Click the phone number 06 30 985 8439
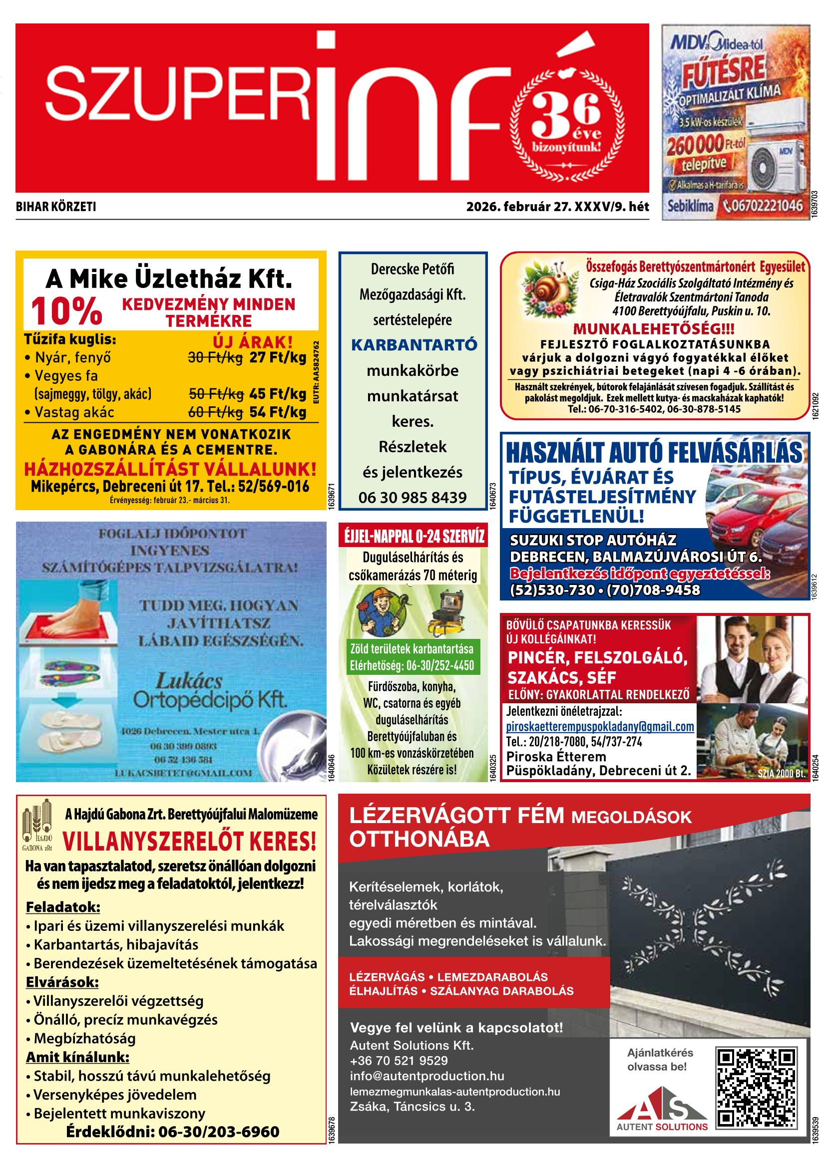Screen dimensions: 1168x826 tap(413, 497)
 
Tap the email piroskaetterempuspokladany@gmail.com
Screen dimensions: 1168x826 tap(600, 726)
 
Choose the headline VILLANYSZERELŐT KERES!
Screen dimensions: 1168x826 tap(189, 842)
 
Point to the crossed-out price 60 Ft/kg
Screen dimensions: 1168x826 tap(215, 412)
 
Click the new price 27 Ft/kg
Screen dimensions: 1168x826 tap(277, 357)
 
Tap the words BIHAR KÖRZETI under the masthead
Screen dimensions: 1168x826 tap(56, 207)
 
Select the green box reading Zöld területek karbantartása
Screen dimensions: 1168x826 tap(412, 657)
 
